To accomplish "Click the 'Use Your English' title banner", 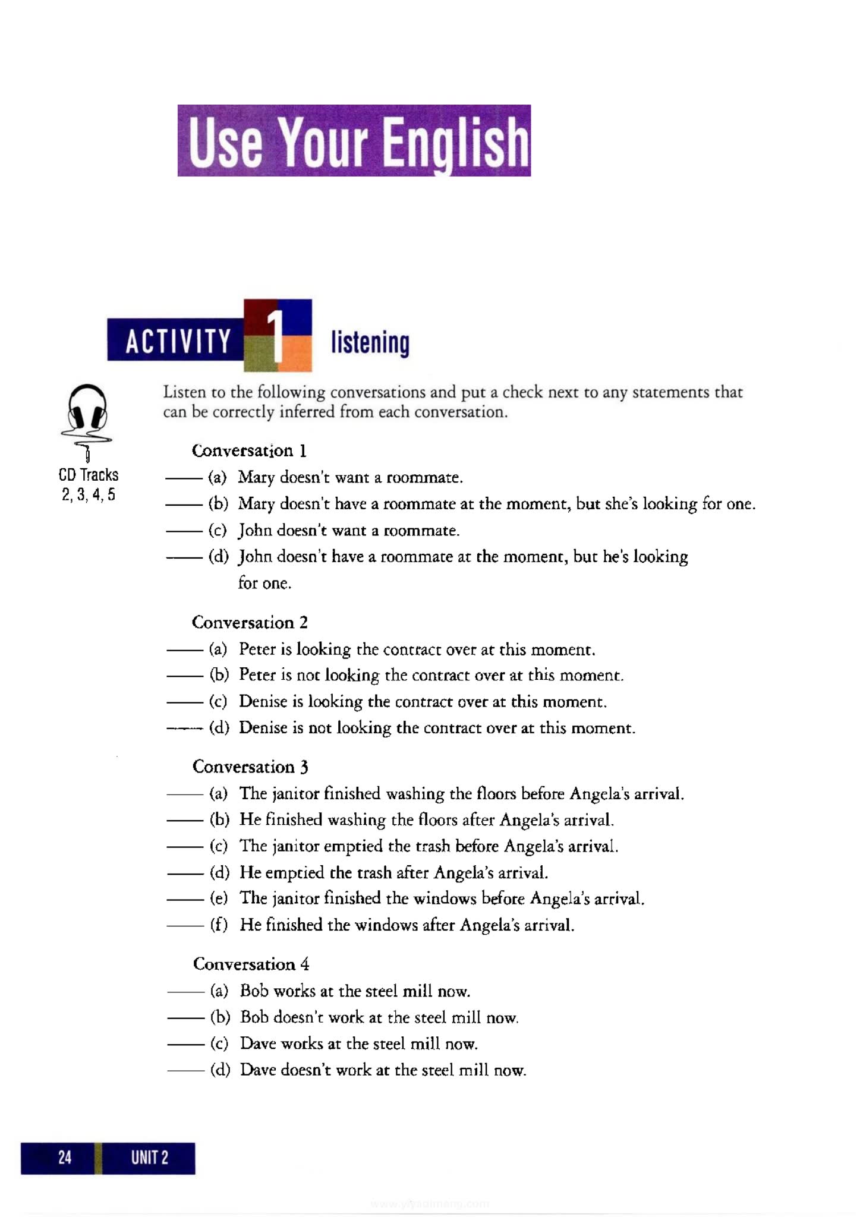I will point(354,141).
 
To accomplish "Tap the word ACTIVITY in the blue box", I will point(178,341).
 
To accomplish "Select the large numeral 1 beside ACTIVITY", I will point(277,336).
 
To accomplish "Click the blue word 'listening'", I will point(370,343).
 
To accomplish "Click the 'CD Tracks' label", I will point(89,475).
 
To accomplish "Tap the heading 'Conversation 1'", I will point(249,450).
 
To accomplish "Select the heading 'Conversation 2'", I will point(250,622).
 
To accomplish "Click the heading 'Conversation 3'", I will point(250,767).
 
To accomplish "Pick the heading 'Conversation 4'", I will point(251,963).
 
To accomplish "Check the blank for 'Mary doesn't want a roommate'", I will point(184,478).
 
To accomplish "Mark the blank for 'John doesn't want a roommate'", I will point(184,531).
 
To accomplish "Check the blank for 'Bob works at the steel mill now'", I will point(186,991).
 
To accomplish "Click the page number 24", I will point(65,1156).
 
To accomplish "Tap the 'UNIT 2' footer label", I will point(150,1157).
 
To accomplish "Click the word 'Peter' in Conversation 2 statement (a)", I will point(257,649).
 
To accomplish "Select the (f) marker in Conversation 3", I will point(219,925).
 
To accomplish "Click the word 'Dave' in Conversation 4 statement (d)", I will point(257,1070).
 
